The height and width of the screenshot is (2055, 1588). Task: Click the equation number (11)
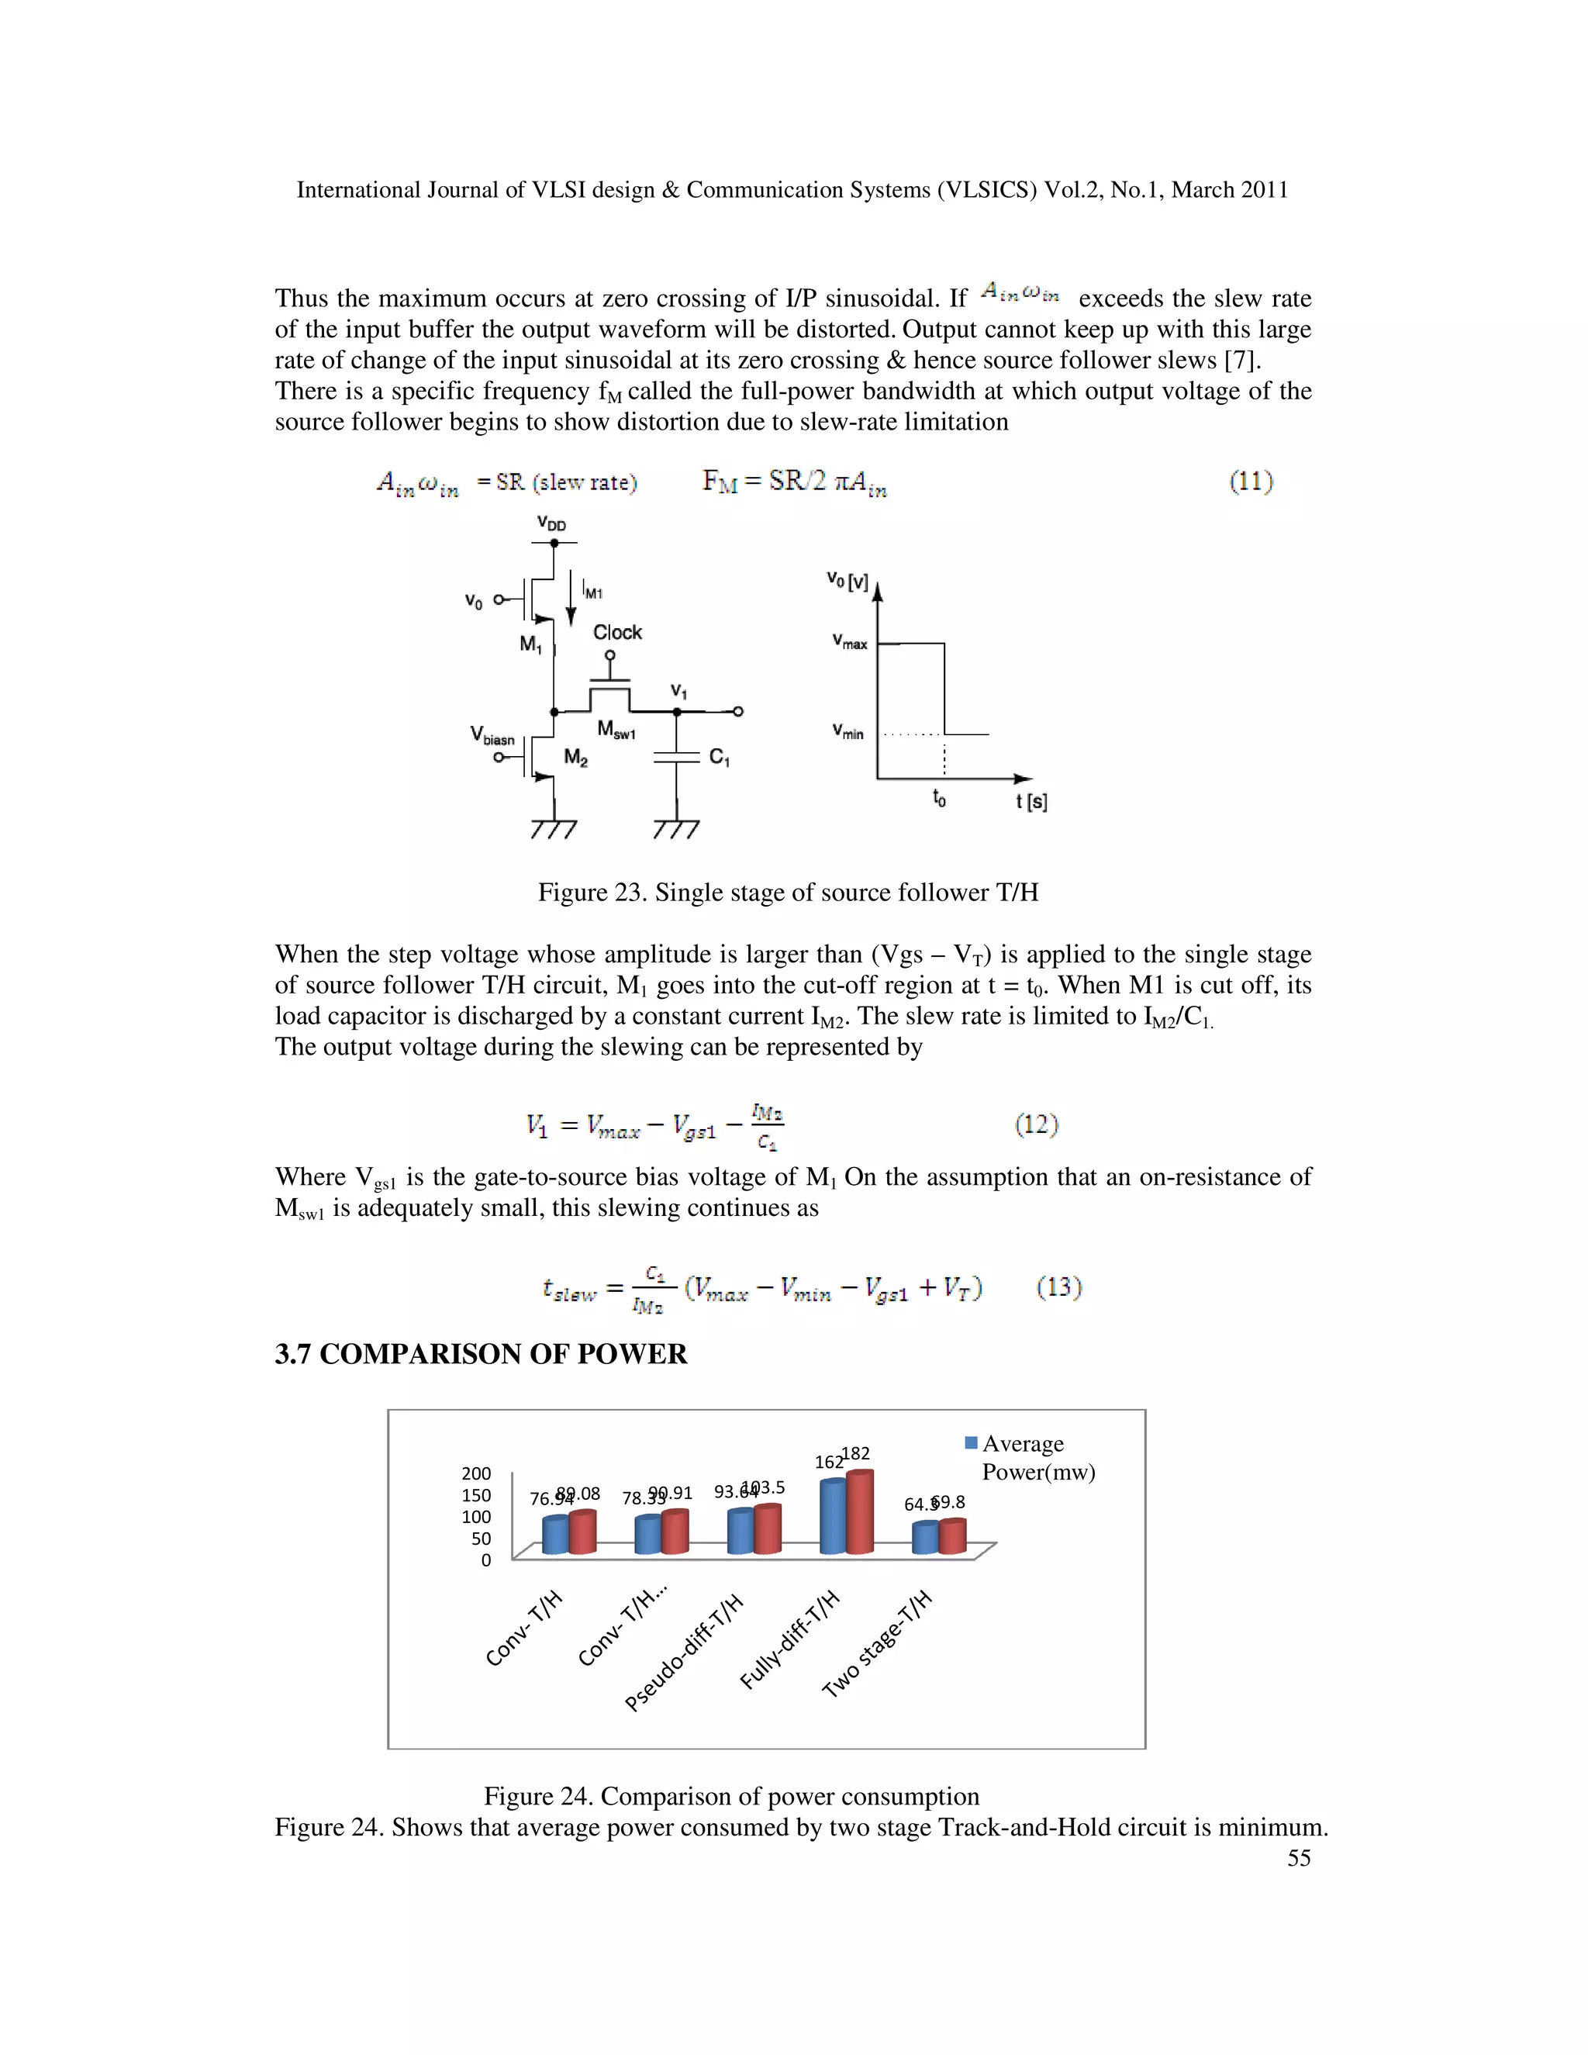(x=1250, y=482)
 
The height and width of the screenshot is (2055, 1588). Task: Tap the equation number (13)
(x=1059, y=1287)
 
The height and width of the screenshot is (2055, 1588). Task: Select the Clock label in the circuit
(x=617, y=632)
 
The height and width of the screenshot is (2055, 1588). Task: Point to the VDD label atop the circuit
(x=551, y=524)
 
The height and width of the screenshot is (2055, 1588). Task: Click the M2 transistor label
(x=576, y=758)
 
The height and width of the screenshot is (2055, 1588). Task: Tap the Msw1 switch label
(x=616, y=731)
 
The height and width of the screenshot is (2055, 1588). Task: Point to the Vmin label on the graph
(x=847, y=732)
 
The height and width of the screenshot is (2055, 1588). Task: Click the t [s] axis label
(x=1031, y=802)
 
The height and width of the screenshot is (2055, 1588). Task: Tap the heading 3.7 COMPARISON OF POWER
(x=481, y=1354)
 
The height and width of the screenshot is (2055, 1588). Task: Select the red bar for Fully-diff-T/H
(x=860, y=1513)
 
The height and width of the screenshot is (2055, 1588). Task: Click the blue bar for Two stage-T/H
(x=926, y=1539)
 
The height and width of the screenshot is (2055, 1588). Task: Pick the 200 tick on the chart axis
(x=476, y=1473)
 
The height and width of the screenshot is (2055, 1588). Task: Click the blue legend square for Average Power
(x=971, y=1442)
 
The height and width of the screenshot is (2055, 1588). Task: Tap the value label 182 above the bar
(x=856, y=1454)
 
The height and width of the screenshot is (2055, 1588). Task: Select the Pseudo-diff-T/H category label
(x=685, y=1653)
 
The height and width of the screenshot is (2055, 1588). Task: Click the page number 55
(x=1298, y=1858)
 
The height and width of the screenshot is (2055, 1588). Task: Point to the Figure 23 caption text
(x=788, y=892)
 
